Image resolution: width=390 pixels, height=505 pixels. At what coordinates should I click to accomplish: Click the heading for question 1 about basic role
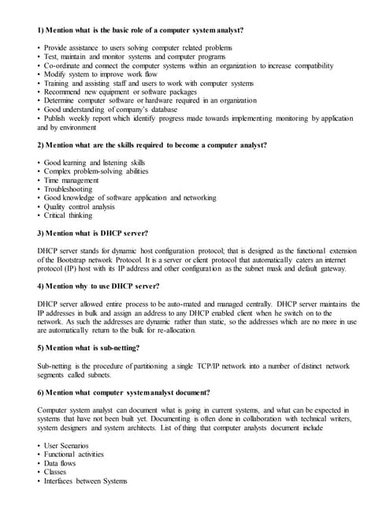pos(140,30)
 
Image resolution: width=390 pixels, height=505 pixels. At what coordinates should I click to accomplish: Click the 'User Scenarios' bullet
pos(66,446)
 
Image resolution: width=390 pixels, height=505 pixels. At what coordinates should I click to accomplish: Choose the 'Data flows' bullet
pos(60,463)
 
